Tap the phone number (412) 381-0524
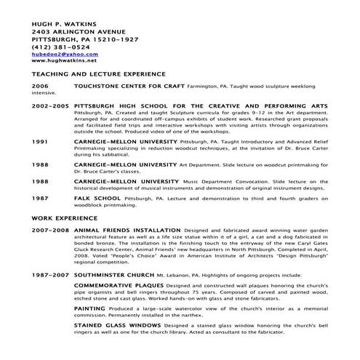[56, 47]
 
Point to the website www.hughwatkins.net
[65, 61]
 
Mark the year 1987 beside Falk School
[41, 199]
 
